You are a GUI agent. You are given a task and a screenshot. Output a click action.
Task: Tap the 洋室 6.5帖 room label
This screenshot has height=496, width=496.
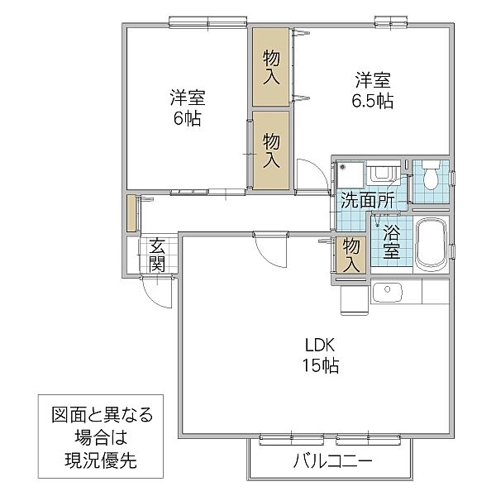pyautogui.click(x=374, y=92)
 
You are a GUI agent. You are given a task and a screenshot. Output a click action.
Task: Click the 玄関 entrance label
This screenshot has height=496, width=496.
pyautogui.click(x=157, y=255)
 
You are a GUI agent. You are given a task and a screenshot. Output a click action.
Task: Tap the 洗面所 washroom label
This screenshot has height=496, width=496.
pyautogui.click(x=366, y=200)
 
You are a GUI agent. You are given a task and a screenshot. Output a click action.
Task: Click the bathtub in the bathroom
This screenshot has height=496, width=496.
pyautogui.click(x=431, y=243)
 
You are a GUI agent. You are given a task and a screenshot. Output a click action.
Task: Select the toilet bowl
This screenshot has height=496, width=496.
pyautogui.click(x=431, y=178)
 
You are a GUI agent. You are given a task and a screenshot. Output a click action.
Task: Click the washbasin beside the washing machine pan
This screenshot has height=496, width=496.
pyautogui.click(x=382, y=174)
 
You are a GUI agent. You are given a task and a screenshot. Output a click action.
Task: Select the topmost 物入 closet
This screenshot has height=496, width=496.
pyautogui.click(x=270, y=68)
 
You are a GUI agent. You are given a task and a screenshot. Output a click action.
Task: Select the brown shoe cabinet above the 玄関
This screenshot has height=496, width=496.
pyautogui.click(x=131, y=213)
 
